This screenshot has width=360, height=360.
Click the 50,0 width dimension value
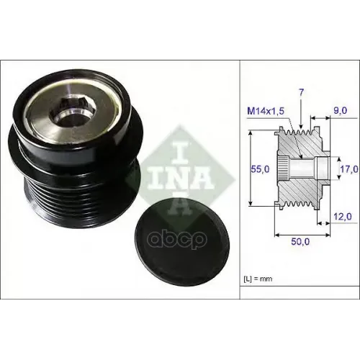coord(301,243)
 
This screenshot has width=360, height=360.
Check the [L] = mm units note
coord(258,277)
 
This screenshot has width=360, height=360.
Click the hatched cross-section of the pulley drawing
coord(310,187)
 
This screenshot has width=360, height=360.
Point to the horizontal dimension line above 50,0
coord(301,234)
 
